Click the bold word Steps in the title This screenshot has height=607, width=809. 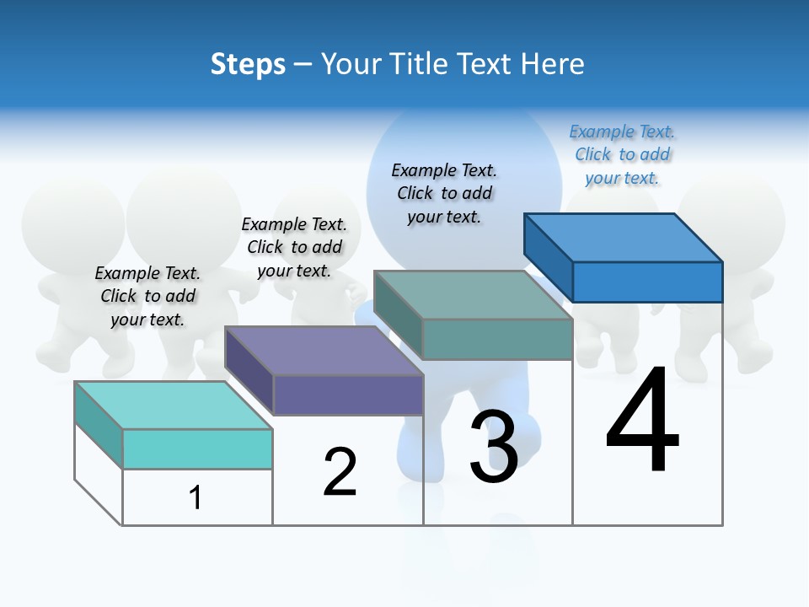pyautogui.click(x=248, y=64)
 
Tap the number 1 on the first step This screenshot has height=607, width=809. pyautogui.click(x=196, y=498)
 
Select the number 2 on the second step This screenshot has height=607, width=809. pyautogui.click(x=340, y=472)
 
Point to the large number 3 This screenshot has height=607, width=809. pyautogui.click(x=494, y=447)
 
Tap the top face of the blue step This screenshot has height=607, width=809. pyautogui.click(x=624, y=238)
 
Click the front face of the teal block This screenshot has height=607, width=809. pyautogui.click(x=197, y=449)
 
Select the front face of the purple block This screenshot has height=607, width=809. pyautogui.click(x=348, y=395)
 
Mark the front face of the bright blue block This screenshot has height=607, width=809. pyautogui.click(x=647, y=282)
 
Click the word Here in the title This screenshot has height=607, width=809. pyautogui.click(x=553, y=64)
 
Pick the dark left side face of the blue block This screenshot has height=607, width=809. pyautogui.click(x=548, y=256)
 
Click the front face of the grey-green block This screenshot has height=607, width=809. pyautogui.click(x=497, y=339)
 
